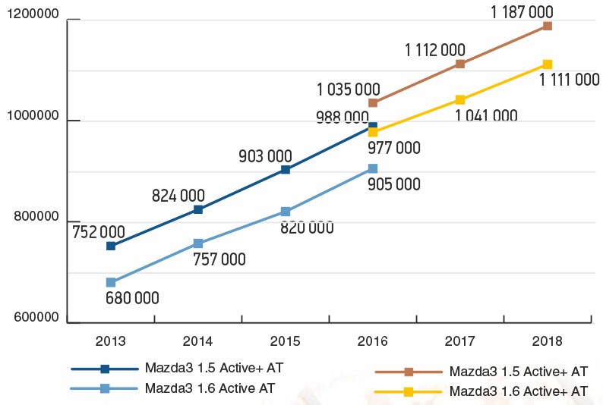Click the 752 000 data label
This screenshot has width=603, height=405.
pyautogui.click(x=99, y=231)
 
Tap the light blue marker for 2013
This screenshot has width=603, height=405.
pyautogui.click(x=111, y=282)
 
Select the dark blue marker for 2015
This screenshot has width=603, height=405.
pyautogui.click(x=286, y=169)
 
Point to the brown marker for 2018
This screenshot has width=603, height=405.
pyautogui.click(x=548, y=26)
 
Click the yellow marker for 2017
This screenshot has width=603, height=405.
pyautogui.click(x=460, y=99)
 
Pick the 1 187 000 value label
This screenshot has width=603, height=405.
pyautogui.click(x=521, y=11)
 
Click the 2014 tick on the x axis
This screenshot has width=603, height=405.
pyautogui.click(x=198, y=341)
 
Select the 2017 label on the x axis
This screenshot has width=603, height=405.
pyautogui.click(x=459, y=341)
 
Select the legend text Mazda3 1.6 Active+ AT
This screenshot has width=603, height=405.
pyautogui.click(x=519, y=391)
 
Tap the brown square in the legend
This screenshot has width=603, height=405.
pyautogui.click(x=409, y=372)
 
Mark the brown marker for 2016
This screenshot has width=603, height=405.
pyautogui.click(x=373, y=102)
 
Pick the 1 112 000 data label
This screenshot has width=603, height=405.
pyautogui.click(x=435, y=50)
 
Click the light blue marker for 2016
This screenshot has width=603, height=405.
pyautogui.click(x=373, y=168)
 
